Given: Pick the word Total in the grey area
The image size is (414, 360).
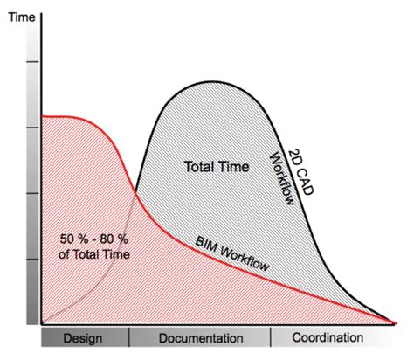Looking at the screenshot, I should [x=200, y=166].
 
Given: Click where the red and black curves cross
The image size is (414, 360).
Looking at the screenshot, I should [x=136, y=191].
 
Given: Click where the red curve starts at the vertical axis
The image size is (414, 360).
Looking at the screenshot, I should [x=41, y=116].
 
